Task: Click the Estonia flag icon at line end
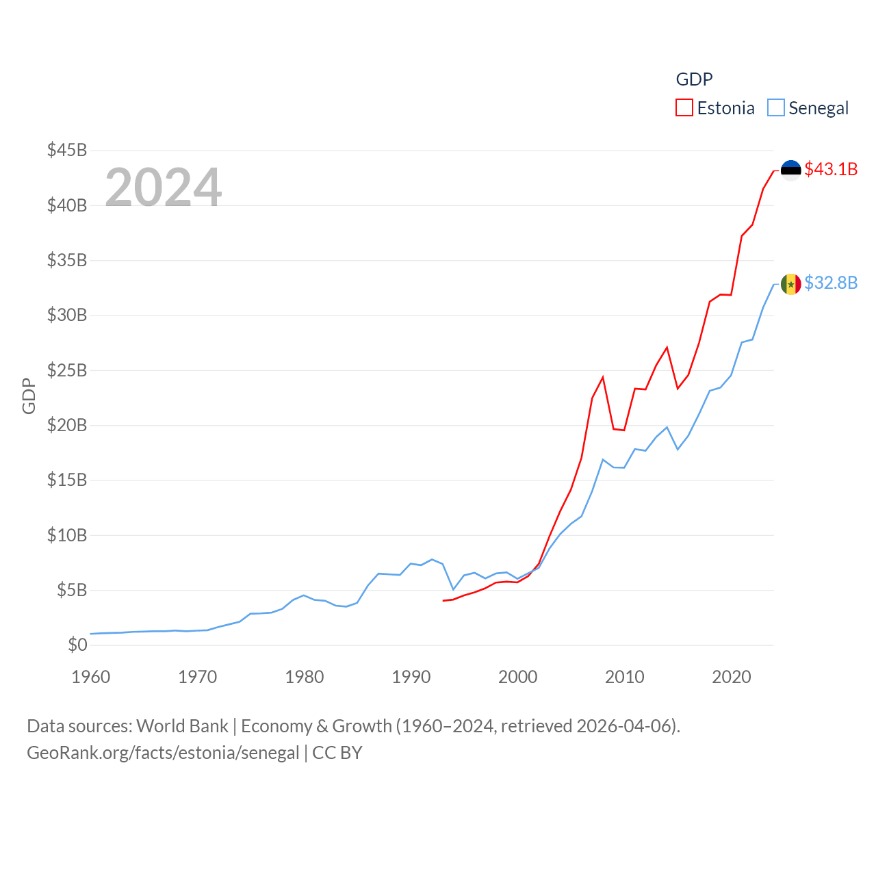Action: coord(790,170)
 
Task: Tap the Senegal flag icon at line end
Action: coord(790,284)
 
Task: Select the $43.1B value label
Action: coord(831,169)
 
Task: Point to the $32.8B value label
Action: coord(831,283)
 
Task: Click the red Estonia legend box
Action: coord(684,108)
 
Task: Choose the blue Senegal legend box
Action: coord(775,108)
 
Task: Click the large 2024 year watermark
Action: coord(164,187)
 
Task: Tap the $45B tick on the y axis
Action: coord(67,150)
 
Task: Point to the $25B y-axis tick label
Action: coord(67,370)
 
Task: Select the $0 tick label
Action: coord(77,645)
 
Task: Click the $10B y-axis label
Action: coord(67,535)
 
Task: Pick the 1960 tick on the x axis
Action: coord(91,677)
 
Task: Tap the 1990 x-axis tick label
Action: coord(411,677)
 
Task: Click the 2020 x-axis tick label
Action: coord(732,677)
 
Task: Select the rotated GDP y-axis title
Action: coord(29,396)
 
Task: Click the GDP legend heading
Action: coord(694,79)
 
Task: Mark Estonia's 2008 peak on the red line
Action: coord(603,377)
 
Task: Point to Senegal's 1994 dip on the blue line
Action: coord(453,589)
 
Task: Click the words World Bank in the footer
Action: coord(183,725)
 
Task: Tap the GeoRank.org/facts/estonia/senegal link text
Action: coord(163,753)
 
